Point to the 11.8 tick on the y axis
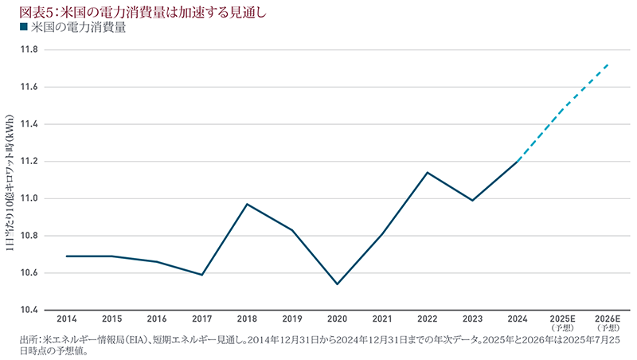29,49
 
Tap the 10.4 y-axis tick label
29,310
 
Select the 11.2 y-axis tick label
29,161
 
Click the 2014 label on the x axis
67,319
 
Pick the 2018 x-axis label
248,319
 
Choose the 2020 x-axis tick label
338,319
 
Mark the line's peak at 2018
248,204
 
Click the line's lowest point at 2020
338,284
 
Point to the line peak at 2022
428,172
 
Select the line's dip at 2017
202,275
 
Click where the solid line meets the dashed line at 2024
518,161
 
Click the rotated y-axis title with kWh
10,180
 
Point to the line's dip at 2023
473,201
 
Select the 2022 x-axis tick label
428,319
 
